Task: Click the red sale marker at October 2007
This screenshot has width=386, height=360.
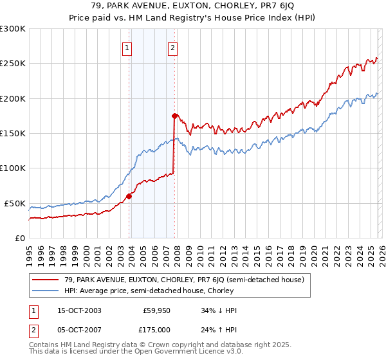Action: [x=174, y=116]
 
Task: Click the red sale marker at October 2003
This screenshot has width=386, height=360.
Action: [x=129, y=196]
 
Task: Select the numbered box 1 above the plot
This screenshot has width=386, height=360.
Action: [x=127, y=47]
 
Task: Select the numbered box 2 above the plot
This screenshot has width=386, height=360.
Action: [x=173, y=47]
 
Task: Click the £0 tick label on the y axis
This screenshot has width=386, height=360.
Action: [x=19, y=238]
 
